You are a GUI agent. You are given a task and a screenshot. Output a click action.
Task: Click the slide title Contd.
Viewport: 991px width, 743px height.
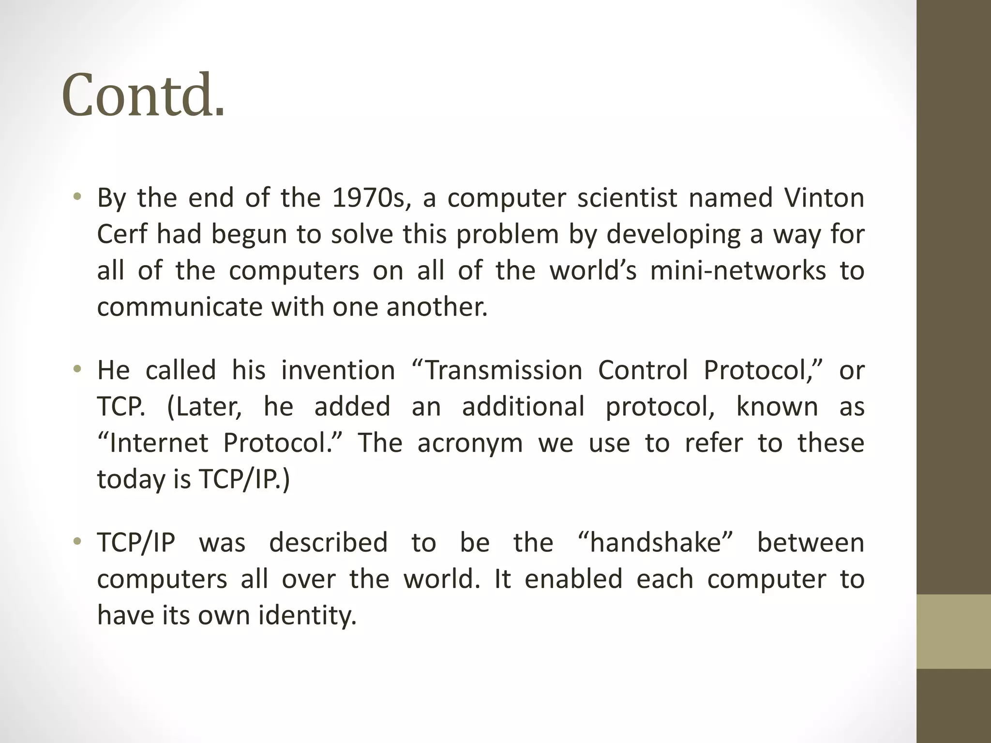click(x=143, y=95)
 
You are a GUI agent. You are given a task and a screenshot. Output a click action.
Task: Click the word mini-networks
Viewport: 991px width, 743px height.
click(x=738, y=271)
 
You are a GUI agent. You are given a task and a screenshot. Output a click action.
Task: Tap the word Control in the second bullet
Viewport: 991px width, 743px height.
click(x=643, y=371)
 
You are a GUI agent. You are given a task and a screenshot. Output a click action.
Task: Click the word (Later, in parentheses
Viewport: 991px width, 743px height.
click(x=204, y=407)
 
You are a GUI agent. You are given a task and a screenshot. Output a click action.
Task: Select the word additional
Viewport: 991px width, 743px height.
click(x=523, y=407)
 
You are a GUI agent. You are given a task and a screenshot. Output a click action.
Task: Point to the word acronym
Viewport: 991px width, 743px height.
click(x=470, y=443)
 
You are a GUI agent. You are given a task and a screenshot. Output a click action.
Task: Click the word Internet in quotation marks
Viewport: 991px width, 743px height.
click(x=153, y=443)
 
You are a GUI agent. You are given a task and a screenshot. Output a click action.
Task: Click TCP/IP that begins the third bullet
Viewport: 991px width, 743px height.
click(x=136, y=543)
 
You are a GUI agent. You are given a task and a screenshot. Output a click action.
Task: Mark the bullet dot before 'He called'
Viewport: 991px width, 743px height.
click(x=77, y=371)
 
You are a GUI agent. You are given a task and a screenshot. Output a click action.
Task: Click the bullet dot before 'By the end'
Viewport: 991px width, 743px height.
click(x=77, y=197)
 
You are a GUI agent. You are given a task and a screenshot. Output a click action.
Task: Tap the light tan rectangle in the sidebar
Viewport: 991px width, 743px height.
click(x=954, y=631)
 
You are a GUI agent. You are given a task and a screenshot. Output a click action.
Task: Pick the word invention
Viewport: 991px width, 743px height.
click(x=338, y=371)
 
